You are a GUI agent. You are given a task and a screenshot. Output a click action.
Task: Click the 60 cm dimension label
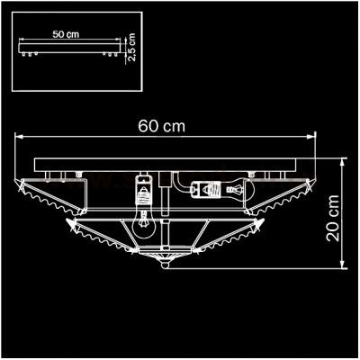click(x=161, y=126)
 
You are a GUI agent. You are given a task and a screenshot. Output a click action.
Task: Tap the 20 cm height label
click(x=333, y=218)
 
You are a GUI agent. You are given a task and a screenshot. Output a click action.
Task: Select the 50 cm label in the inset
click(x=66, y=34)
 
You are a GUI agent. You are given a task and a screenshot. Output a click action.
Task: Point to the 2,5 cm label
click(x=131, y=47)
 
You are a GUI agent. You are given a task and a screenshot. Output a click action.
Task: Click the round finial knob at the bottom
click(x=165, y=265)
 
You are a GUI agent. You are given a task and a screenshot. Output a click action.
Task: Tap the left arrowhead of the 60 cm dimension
click(x=19, y=137)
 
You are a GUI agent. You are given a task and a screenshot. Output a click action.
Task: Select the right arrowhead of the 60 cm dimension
click(x=311, y=137)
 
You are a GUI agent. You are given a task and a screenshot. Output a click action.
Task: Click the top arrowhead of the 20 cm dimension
click(x=342, y=163)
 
